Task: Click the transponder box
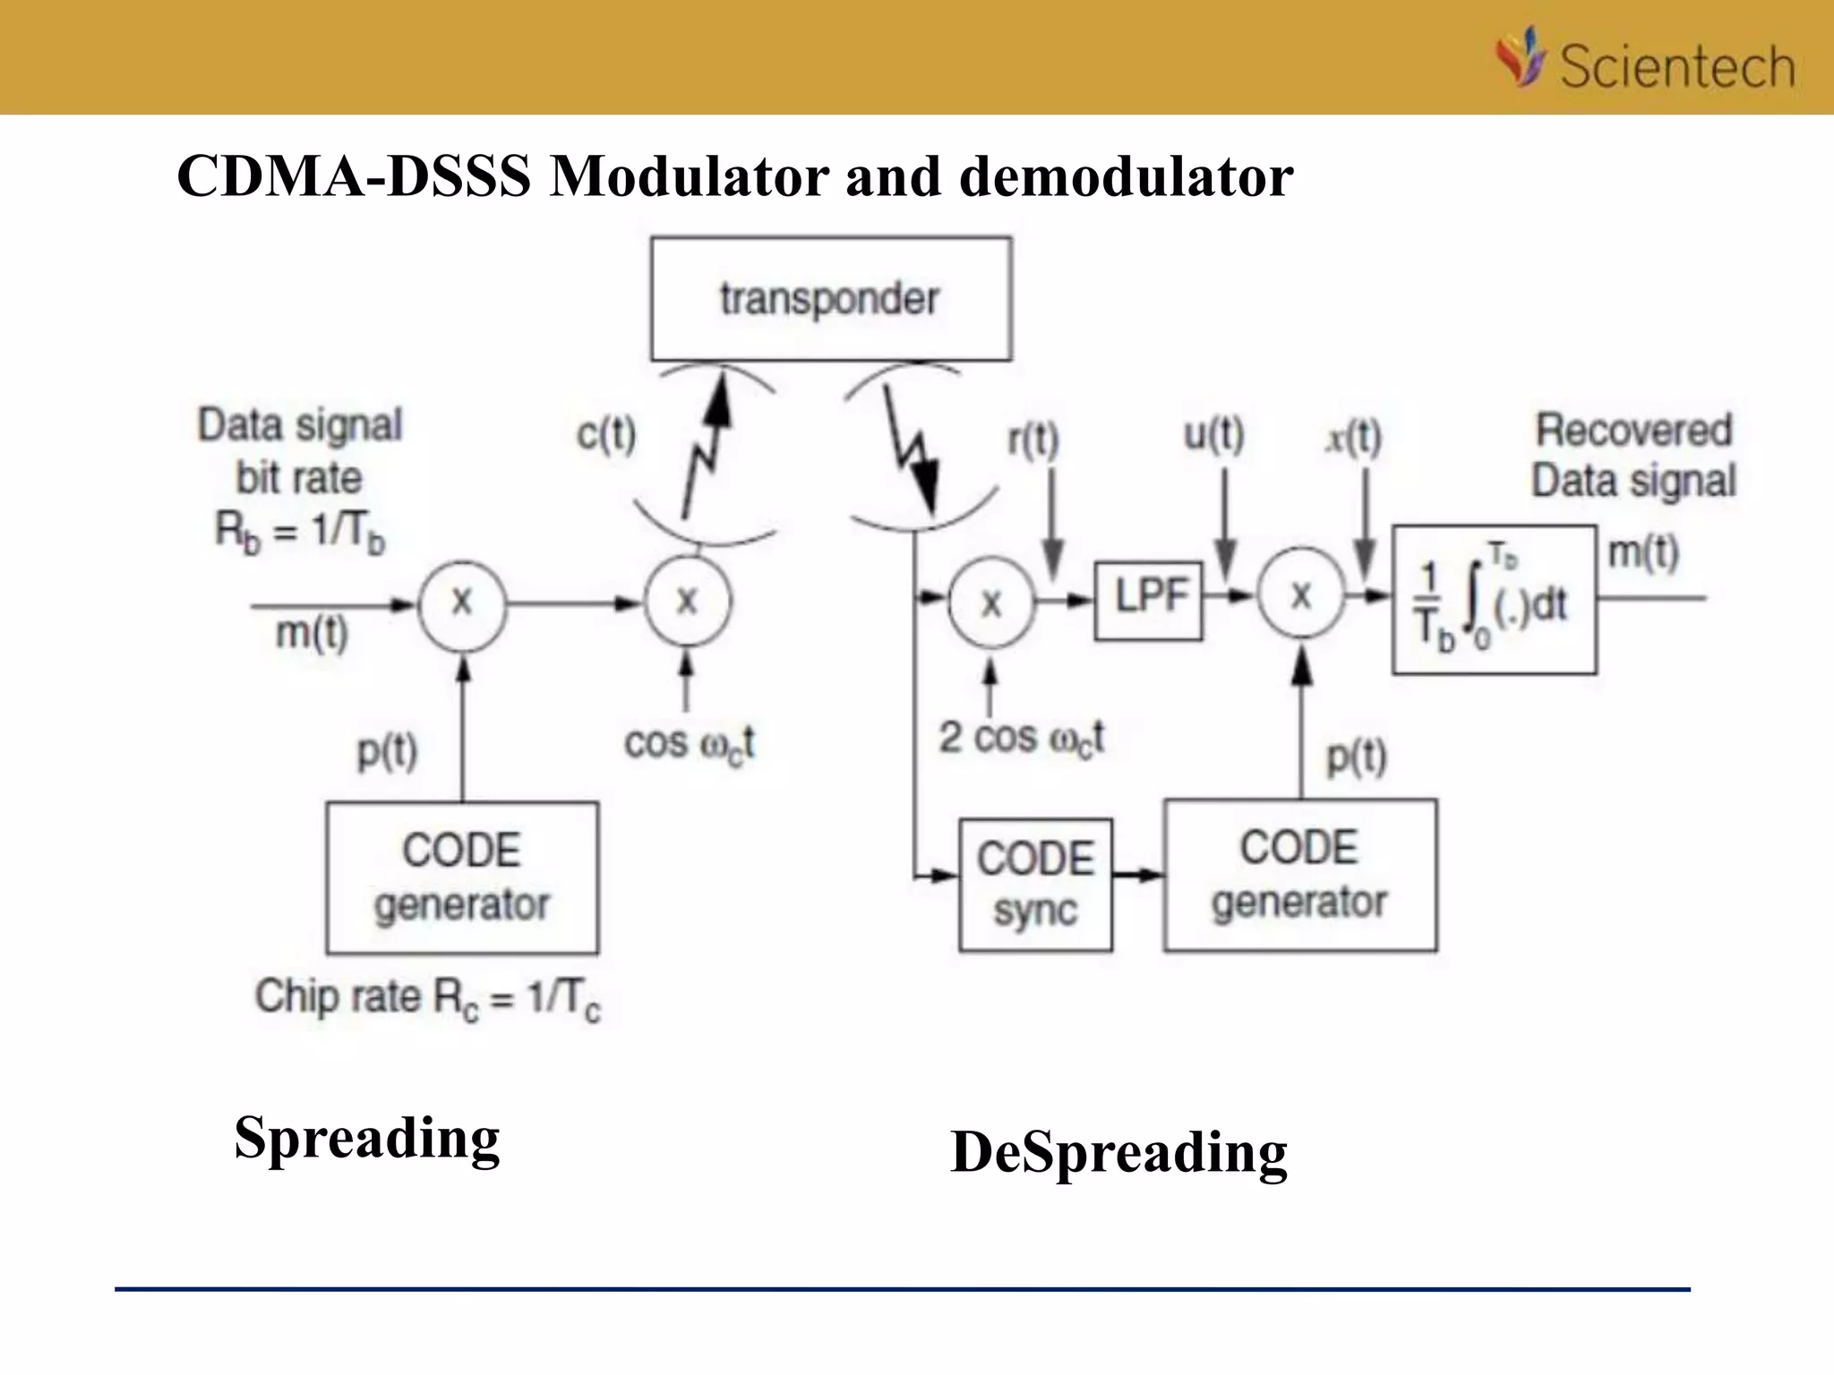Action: point(831,299)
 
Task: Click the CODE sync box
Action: point(1035,884)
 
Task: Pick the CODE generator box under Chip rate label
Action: point(461,877)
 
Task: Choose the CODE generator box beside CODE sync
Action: point(1300,875)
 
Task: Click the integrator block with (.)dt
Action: point(1494,600)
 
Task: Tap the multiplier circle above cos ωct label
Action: point(687,602)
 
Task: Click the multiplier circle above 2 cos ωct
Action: point(991,603)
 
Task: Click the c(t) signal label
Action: point(606,435)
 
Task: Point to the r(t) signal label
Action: point(1033,440)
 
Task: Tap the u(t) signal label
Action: point(1213,435)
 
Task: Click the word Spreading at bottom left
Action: point(367,1139)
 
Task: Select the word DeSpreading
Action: point(1118,1152)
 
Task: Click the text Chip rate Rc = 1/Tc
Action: point(427,998)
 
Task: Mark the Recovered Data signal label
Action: point(1633,456)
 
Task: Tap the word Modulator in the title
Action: point(690,176)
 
